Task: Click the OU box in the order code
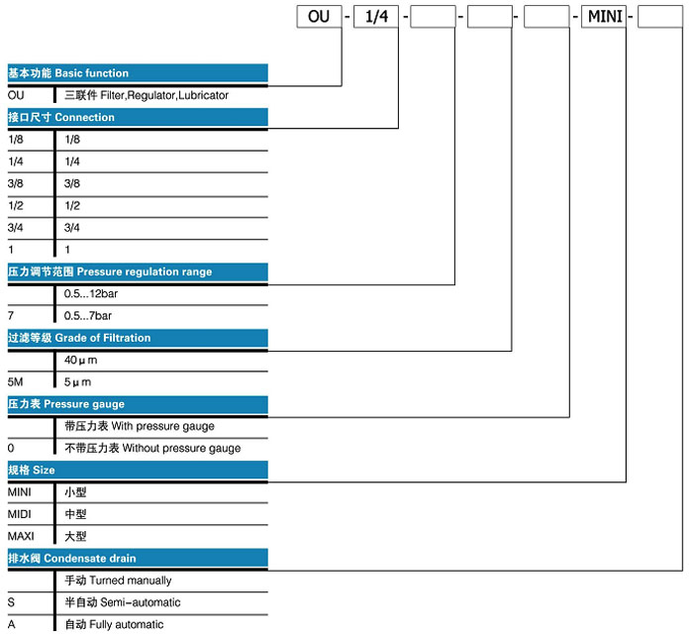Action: click(319, 17)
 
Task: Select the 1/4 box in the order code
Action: click(376, 17)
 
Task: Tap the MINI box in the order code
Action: click(604, 17)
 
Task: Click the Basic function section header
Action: click(138, 73)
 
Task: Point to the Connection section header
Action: click(138, 117)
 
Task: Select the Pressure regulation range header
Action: click(138, 271)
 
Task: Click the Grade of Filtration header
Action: click(138, 338)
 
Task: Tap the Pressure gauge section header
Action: click(138, 404)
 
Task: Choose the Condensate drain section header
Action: click(138, 559)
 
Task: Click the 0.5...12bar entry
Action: click(91, 293)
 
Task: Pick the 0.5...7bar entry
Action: click(88, 316)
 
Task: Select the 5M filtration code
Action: click(16, 381)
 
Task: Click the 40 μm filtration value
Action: click(80, 360)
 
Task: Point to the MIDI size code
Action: click(20, 514)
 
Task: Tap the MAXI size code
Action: click(21, 536)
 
